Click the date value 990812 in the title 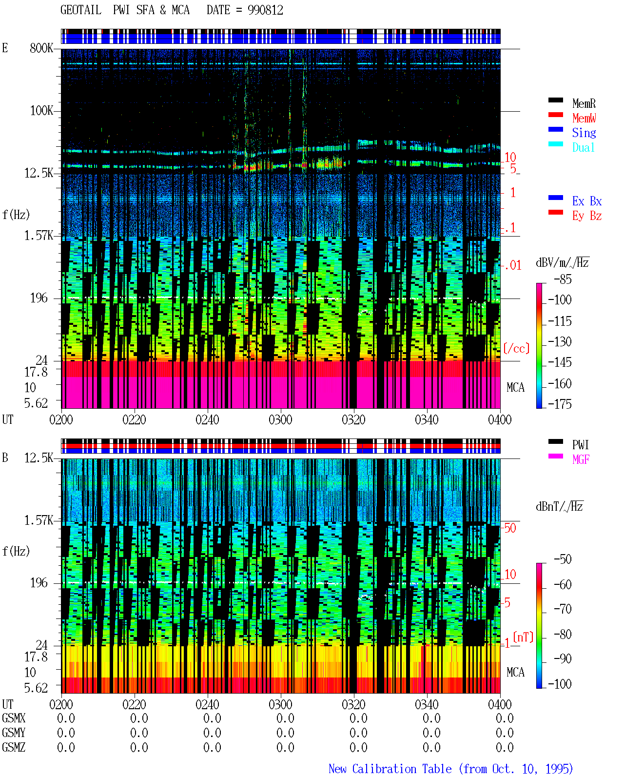(x=265, y=10)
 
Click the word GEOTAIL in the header (x=81, y=10)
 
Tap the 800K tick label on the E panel (x=41, y=48)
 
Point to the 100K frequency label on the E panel (x=41, y=111)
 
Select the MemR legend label (x=584, y=103)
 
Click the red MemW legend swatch (x=555, y=115)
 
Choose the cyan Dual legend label (x=584, y=147)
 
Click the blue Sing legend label (x=584, y=133)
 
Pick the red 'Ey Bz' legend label (x=587, y=216)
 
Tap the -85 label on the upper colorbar (x=563, y=279)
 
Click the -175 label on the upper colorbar (x=560, y=404)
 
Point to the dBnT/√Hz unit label (x=559, y=507)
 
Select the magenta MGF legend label (x=581, y=459)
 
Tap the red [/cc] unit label (x=516, y=348)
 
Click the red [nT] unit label (x=523, y=637)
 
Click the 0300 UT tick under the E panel (x=280, y=420)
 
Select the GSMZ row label (x=14, y=747)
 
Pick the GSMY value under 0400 (x=505, y=733)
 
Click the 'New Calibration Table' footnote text (x=390, y=769)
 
